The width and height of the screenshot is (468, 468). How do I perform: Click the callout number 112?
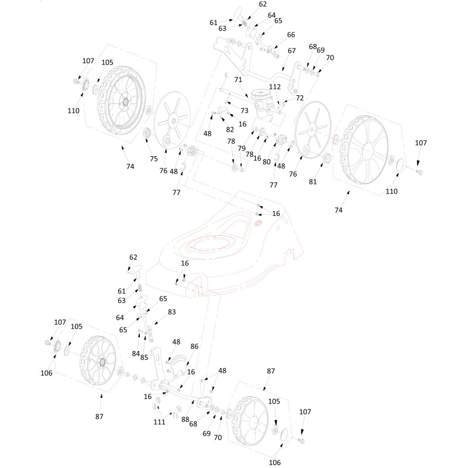pyautogui.click(x=275, y=87)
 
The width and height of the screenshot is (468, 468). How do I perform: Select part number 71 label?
pyautogui.click(x=238, y=79)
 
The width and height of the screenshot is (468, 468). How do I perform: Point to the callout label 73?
pyautogui.click(x=245, y=110)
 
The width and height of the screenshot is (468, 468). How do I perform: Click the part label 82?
pyautogui.click(x=230, y=129)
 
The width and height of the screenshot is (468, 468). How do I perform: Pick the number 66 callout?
pyautogui.click(x=291, y=35)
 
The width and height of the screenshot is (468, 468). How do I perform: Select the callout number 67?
pyautogui.click(x=291, y=51)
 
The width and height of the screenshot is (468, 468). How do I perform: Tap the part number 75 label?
pyautogui.click(x=154, y=159)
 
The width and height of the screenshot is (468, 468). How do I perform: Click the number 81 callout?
pyautogui.click(x=313, y=181)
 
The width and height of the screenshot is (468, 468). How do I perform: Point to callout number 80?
pyautogui.click(x=266, y=161)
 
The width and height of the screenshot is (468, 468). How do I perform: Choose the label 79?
pyautogui.click(x=241, y=148)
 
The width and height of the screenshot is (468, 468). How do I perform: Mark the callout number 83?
pyautogui.click(x=171, y=312)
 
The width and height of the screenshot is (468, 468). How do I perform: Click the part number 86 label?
pyautogui.click(x=194, y=346)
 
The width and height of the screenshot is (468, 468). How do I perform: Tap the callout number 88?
pyautogui.click(x=184, y=419)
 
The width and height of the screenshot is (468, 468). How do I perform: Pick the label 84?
pyautogui.click(x=135, y=353)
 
